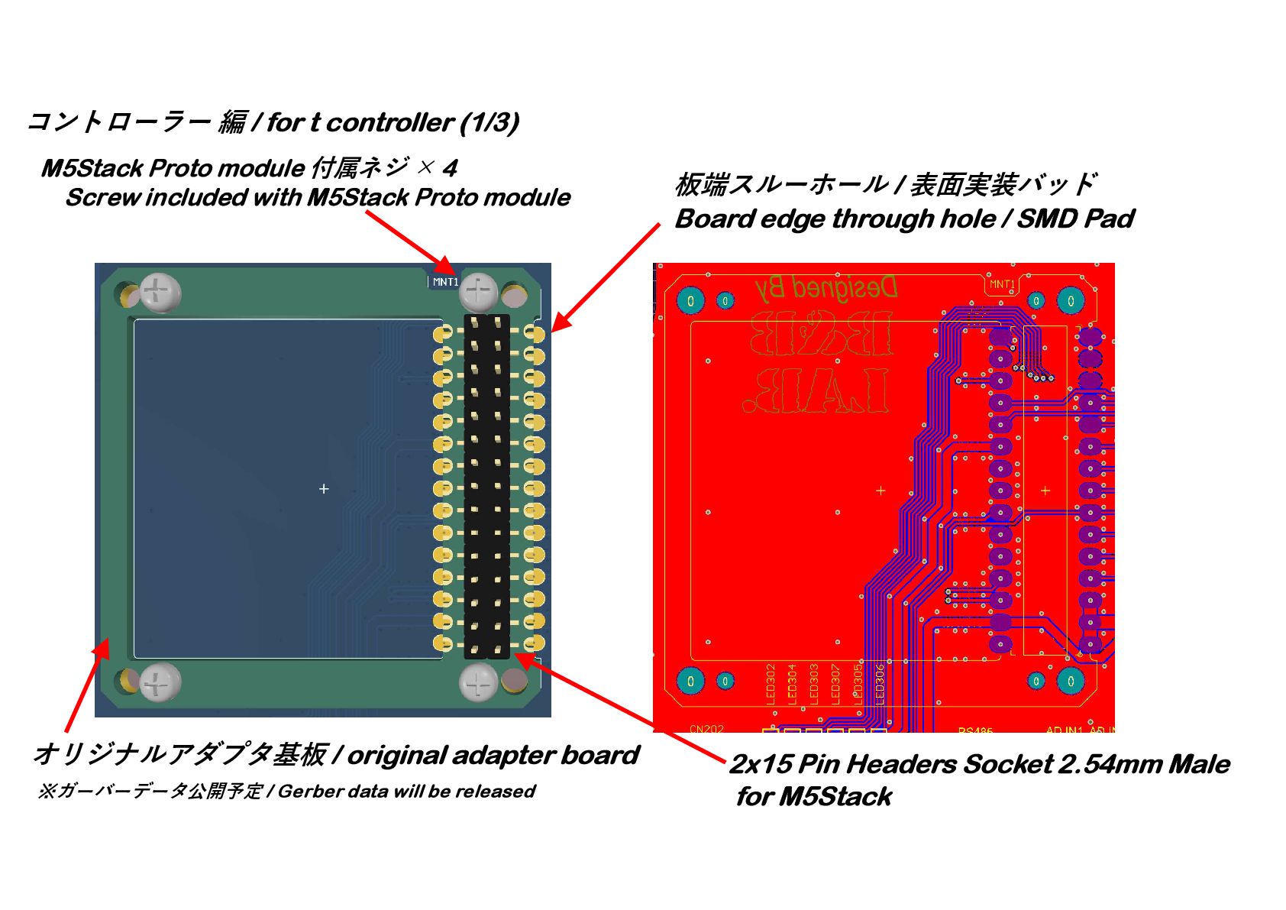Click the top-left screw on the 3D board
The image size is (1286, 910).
pos(160,292)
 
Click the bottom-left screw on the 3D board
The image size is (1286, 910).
pos(160,682)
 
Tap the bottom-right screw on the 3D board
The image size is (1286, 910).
pos(479,682)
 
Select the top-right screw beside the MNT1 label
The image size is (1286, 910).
pos(479,291)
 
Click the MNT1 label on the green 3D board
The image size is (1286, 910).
pos(445,282)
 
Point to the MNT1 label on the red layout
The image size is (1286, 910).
pos(1002,284)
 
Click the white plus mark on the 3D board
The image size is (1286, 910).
pos(324,488)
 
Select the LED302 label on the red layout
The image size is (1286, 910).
pos(771,683)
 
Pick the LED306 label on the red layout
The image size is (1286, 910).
pos(880,683)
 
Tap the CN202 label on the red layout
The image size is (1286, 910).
pos(706,729)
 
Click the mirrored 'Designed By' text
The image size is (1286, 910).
pos(826,288)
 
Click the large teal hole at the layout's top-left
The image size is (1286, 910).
pos(690,300)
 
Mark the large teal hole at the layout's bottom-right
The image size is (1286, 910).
pos(1071,680)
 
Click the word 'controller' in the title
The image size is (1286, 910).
pos(390,122)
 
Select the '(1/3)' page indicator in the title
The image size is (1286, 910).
pos(490,122)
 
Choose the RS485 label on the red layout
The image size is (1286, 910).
pos(975,730)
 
